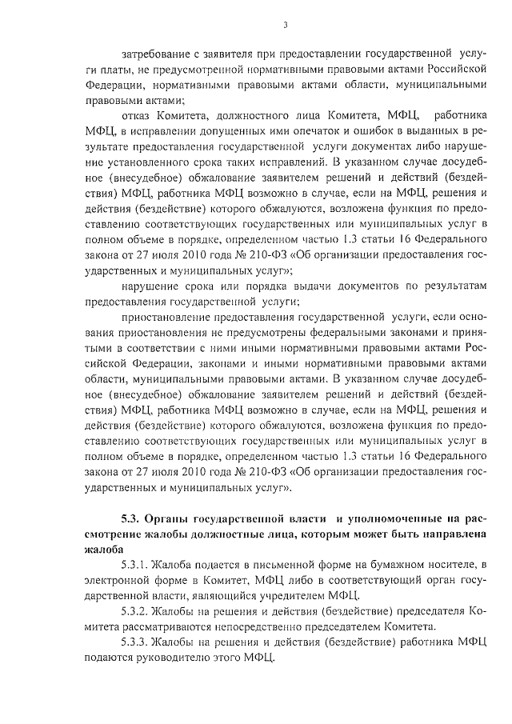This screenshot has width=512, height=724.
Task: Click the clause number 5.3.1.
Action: (x=134, y=566)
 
